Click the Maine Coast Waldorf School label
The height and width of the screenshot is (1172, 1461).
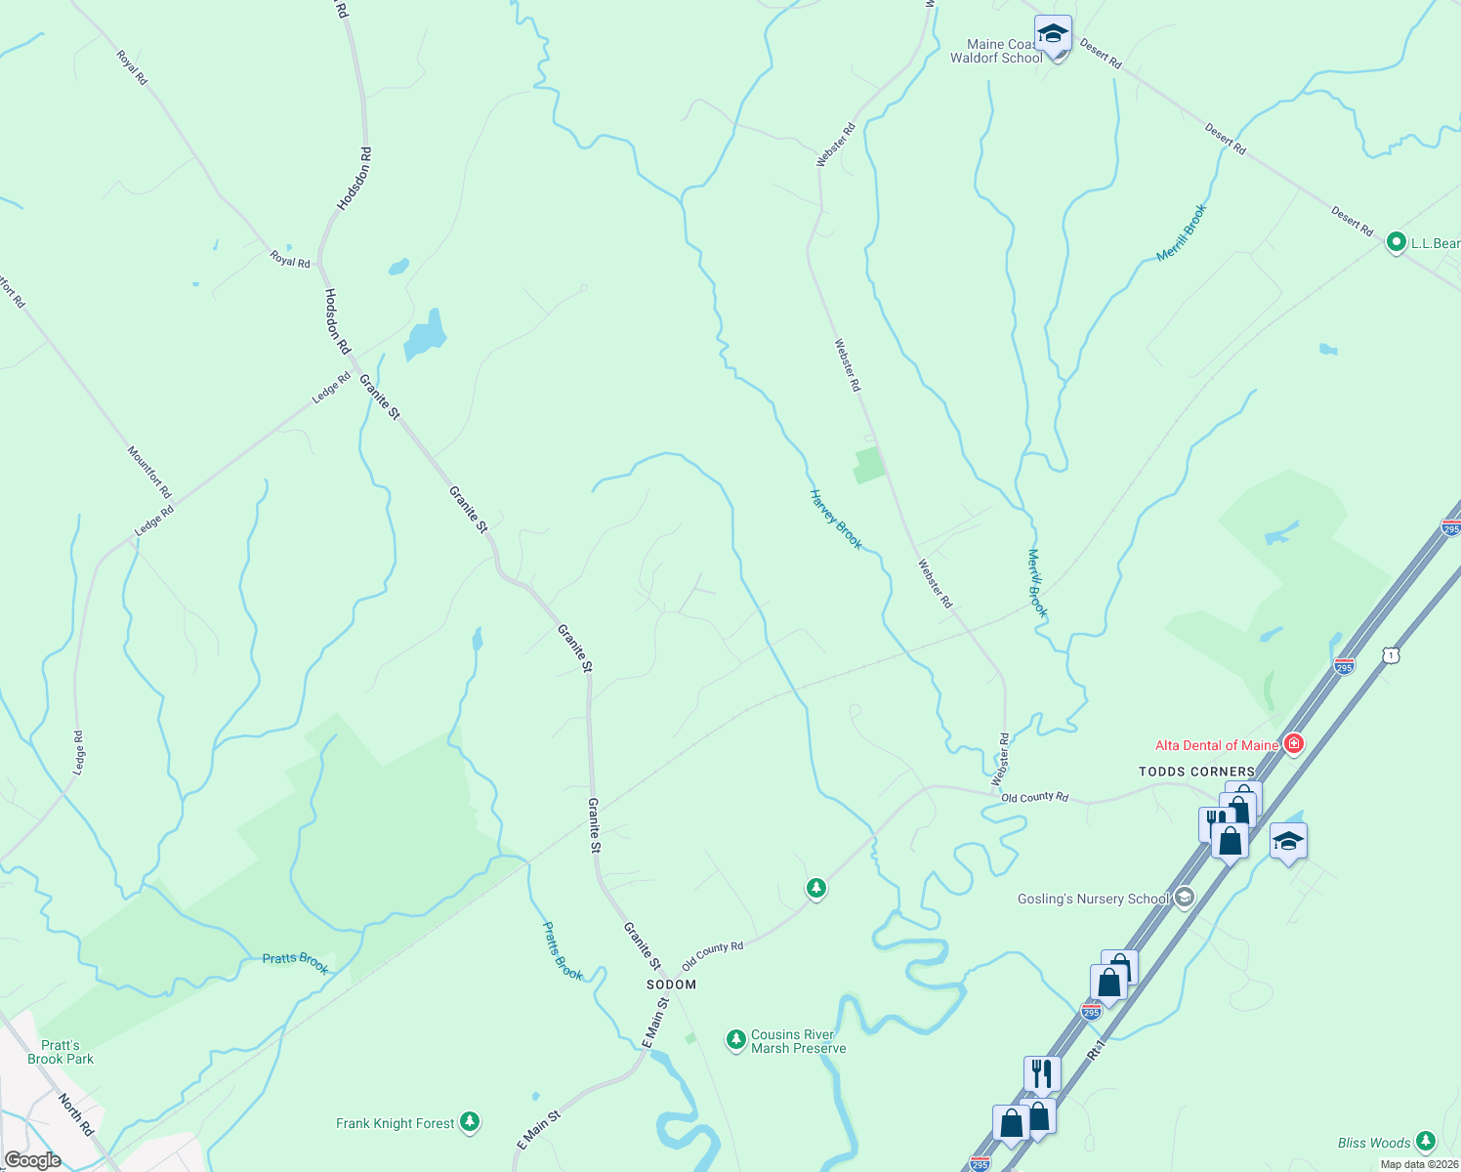pos(996,51)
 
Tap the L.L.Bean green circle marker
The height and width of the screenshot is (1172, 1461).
pos(1396,242)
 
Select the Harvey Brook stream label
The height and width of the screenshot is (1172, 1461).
pos(836,520)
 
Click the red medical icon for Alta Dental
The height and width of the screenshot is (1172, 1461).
pos(1294,744)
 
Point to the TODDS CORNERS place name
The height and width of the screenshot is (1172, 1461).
pos(1196,772)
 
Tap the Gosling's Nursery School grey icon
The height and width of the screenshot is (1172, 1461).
pos(1185,898)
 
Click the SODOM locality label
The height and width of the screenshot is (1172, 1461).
pos(671,984)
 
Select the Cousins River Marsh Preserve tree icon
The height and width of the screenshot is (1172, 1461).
pos(736,1040)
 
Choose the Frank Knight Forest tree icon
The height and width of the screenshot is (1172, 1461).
pos(470,1122)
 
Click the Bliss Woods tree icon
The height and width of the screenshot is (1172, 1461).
pos(1426,1141)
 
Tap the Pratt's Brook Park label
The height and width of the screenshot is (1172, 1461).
pos(61,1052)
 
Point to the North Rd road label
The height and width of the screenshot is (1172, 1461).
pos(75,1114)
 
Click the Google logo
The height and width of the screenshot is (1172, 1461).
pos(32,1160)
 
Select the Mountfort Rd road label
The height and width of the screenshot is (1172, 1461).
pos(149,472)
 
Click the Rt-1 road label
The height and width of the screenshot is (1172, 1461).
pos(1096,1050)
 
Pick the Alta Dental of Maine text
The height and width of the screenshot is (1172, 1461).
pos(1216,745)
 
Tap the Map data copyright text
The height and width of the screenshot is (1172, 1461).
pos(1419,1164)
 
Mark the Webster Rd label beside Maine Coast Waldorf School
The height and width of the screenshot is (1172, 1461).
pos(836,145)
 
